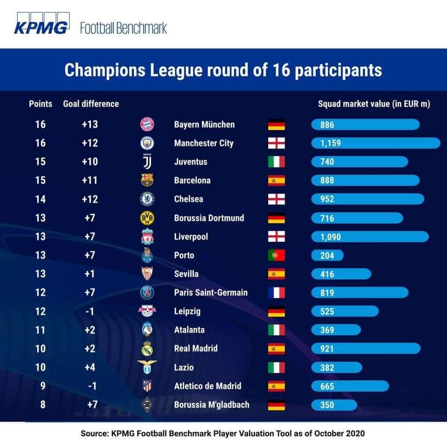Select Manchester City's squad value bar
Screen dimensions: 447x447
(375, 143)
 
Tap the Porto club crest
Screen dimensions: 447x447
(147, 255)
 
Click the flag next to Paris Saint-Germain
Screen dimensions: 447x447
(276, 292)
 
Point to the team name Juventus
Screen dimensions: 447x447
(190, 162)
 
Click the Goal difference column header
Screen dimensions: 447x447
(91, 104)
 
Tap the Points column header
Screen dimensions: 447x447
(41, 104)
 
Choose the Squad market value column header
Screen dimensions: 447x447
(373, 104)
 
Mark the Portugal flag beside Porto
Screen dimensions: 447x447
(276, 255)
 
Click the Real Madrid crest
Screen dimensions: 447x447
(147, 348)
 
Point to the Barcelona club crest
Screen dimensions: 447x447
(147, 180)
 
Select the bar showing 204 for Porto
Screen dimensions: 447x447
(327, 255)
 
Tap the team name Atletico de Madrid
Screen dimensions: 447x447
(207, 386)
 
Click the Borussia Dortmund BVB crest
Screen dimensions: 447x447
(147, 218)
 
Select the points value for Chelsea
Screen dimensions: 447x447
(41, 199)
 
